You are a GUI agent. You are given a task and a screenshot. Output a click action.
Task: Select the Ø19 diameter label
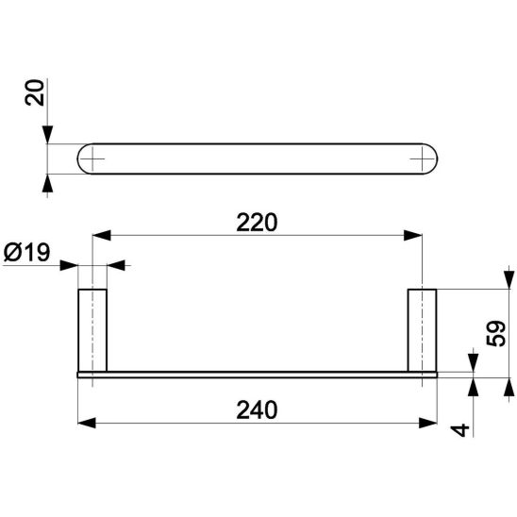[x=28, y=254]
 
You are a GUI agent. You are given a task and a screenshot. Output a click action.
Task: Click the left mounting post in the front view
[x=92, y=329]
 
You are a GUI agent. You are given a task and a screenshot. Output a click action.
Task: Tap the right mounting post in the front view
[x=421, y=329]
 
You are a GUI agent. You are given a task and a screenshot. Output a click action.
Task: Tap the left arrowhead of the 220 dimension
[x=99, y=236]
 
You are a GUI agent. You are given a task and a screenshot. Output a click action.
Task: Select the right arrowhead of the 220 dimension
[x=414, y=236]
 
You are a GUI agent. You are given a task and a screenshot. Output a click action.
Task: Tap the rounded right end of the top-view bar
[x=432, y=159]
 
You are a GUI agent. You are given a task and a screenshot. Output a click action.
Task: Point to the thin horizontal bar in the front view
[x=256, y=374]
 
